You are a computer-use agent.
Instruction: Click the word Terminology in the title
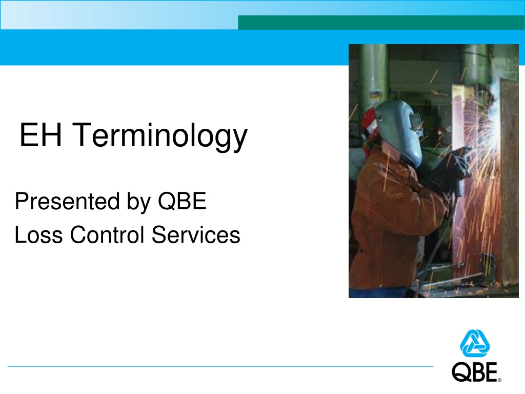click(160, 136)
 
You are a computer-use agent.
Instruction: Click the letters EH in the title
click(41, 135)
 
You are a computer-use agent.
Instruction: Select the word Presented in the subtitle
click(67, 201)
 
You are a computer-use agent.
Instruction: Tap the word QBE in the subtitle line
click(182, 201)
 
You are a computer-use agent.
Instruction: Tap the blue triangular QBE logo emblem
click(475, 343)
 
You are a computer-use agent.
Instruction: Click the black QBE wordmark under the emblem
click(474, 372)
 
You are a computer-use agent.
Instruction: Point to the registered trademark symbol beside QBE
click(499, 380)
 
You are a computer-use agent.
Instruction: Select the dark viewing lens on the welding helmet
click(416, 122)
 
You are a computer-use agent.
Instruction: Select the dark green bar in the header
click(381, 23)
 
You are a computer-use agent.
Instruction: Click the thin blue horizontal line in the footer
click(220, 366)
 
